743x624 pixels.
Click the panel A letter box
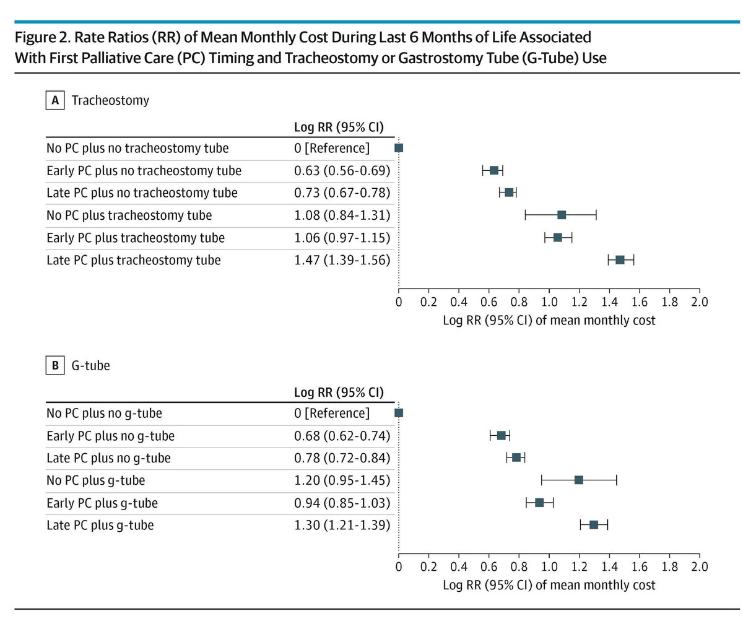(54, 101)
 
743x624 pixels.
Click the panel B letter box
(54, 366)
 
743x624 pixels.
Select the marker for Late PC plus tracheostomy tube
(620, 259)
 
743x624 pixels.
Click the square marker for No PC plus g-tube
(579, 480)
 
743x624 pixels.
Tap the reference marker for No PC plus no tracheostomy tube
(399, 148)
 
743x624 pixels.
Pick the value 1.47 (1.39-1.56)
(342, 260)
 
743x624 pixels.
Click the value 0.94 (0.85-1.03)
(342, 503)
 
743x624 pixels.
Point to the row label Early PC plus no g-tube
(110, 436)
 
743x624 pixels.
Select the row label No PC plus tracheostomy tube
(129, 215)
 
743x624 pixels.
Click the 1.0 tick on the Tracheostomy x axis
(549, 302)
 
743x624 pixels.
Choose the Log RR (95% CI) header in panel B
(338, 392)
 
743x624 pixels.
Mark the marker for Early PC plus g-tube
(539, 502)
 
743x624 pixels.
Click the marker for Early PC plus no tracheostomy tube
(493, 170)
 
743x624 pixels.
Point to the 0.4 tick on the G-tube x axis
(459, 567)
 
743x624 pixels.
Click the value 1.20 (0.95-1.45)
(342, 480)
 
